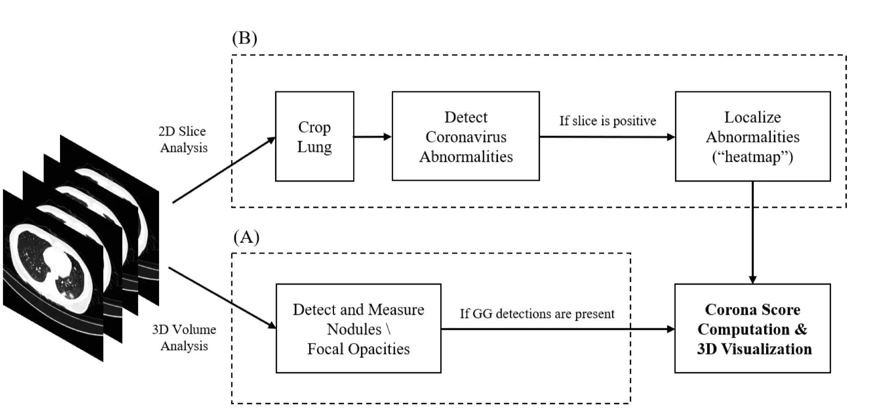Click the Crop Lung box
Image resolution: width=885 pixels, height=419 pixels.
coord(315,136)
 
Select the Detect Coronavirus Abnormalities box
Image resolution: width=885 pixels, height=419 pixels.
coord(466,136)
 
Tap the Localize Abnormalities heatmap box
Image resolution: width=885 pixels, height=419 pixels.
coord(753,136)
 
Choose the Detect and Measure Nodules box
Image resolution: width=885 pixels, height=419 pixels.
coord(358,328)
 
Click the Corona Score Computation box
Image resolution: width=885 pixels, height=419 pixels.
coord(753,328)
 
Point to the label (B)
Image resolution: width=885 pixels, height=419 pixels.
coord(245,38)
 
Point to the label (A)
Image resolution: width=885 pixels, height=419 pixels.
coord(246,237)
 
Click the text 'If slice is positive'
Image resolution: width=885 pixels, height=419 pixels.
coord(608,121)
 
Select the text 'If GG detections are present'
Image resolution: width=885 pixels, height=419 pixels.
coord(537,314)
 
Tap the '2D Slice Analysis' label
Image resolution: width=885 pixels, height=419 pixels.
coord(183,139)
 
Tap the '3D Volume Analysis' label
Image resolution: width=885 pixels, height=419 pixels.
coord(184,337)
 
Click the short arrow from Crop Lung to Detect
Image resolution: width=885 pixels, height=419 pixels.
coord(373,137)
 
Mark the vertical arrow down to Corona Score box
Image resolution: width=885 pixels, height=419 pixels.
coord(753,232)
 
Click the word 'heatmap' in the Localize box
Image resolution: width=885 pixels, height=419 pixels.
coord(753,157)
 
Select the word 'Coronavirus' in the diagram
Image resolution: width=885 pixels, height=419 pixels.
coord(466,137)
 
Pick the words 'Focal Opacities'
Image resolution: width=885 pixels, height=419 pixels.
coord(358,349)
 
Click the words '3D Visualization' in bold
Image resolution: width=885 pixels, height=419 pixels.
coord(754,349)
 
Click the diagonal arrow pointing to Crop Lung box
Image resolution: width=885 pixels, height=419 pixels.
coord(224,170)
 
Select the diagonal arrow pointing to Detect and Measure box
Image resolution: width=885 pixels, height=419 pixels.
coord(222,298)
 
